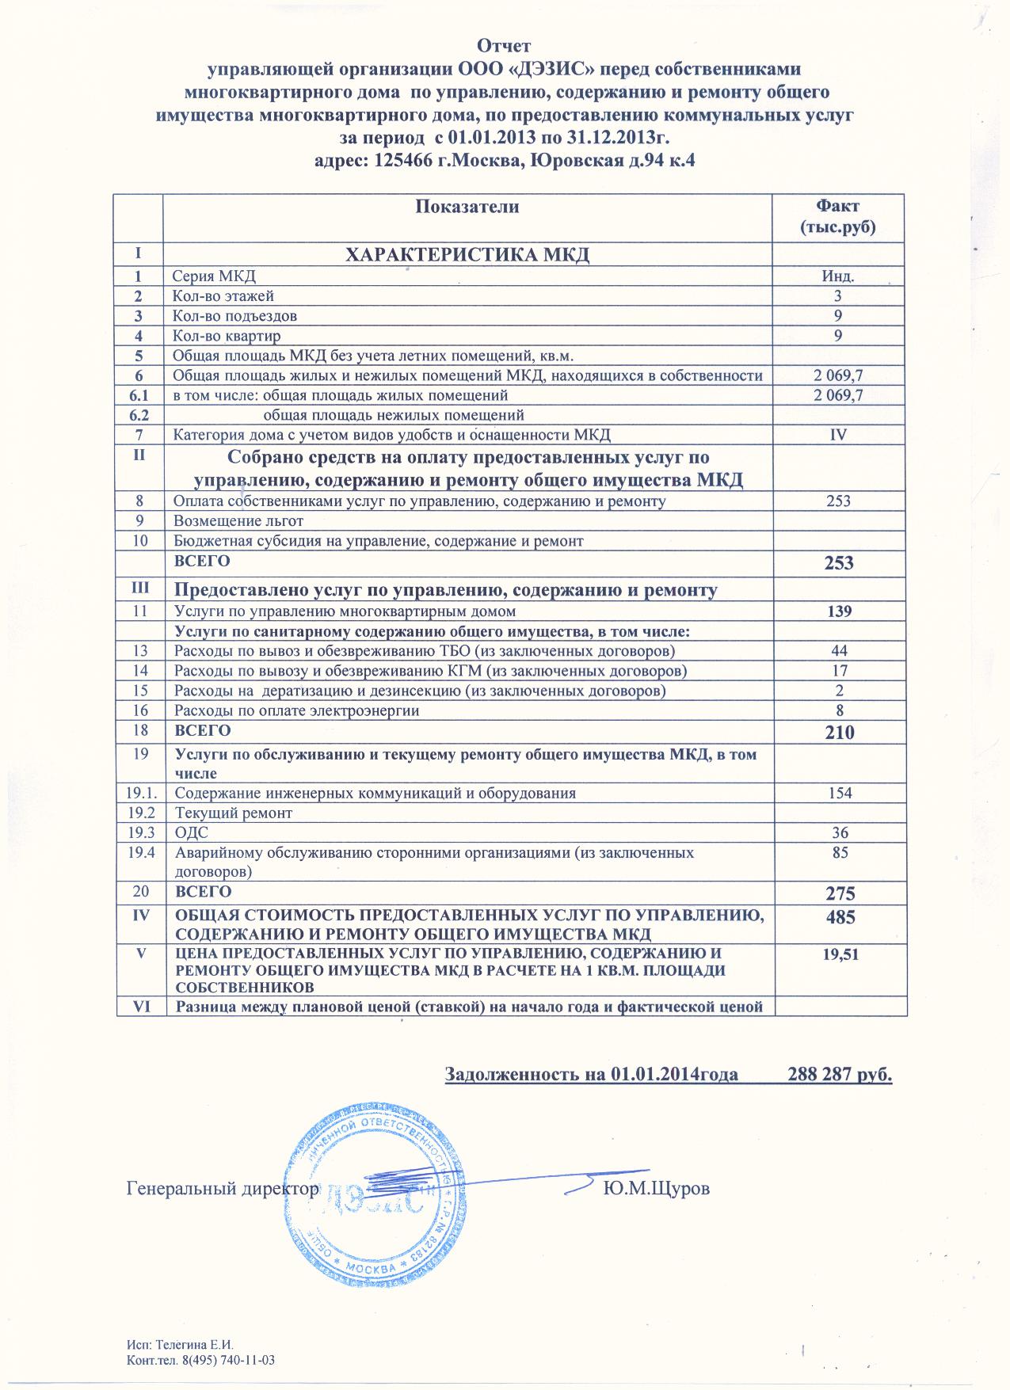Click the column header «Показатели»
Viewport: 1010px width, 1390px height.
pyautogui.click(x=467, y=208)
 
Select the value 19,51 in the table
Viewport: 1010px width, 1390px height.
pyautogui.click(x=840, y=954)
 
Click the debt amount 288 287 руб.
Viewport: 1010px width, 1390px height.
pyautogui.click(x=840, y=1075)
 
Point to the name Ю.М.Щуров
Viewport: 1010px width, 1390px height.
pyautogui.click(x=656, y=1189)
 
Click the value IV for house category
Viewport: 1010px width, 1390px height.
pyautogui.click(x=839, y=435)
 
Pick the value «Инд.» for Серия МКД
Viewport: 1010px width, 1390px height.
pyautogui.click(x=839, y=276)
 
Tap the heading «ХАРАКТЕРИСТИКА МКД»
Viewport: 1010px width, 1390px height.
pyautogui.click(x=467, y=255)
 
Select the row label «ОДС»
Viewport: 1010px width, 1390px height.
pyautogui.click(x=192, y=833)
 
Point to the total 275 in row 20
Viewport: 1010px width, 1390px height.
pyautogui.click(x=840, y=893)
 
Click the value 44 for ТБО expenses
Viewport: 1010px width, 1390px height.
pyautogui.click(x=839, y=651)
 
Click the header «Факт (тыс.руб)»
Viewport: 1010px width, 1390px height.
pyautogui.click(x=839, y=218)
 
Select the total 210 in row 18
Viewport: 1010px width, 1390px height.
pyautogui.click(x=840, y=733)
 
